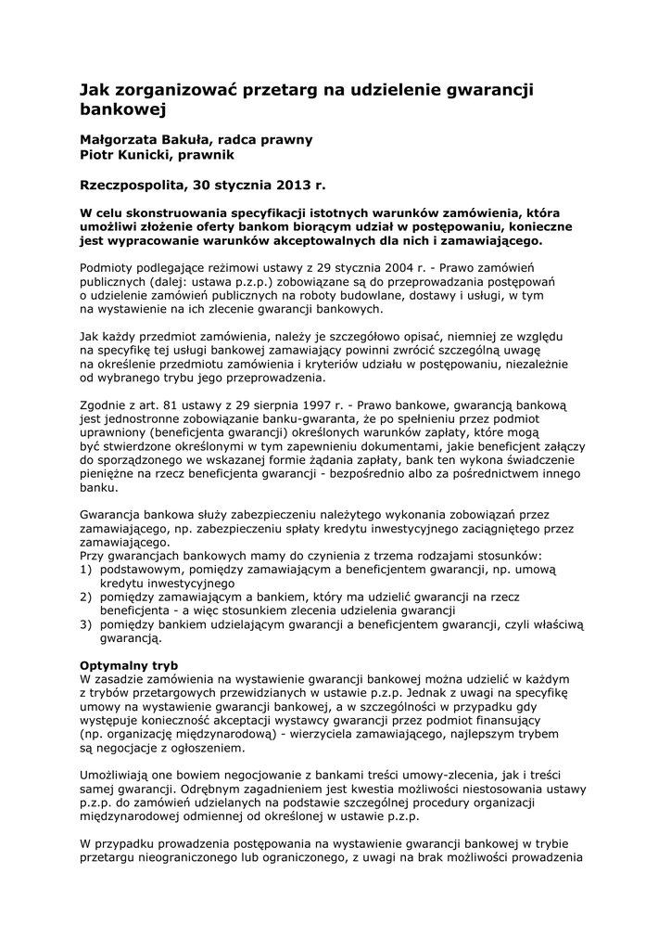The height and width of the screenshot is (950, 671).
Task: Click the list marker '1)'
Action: click(x=86, y=570)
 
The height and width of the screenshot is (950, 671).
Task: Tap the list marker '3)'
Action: click(x=86, y=624)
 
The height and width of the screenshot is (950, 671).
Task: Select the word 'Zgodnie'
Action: click(x=105, y=405)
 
